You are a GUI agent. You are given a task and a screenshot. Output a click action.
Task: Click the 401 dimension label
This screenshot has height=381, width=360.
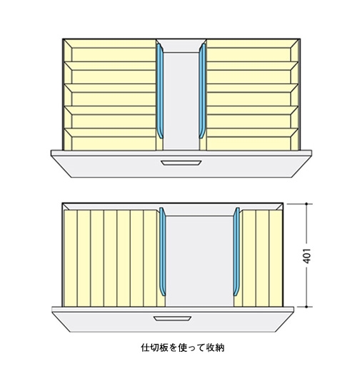coord(307,255)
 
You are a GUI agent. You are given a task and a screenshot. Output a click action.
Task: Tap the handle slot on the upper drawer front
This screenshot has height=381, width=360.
coord(181,163)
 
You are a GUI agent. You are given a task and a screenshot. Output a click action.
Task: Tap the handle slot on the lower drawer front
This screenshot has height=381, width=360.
coord(172,318)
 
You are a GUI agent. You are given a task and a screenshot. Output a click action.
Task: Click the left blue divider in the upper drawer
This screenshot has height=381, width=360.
coord(160,91)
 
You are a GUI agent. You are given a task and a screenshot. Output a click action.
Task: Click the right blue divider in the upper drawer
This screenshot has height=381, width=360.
coord(202,91)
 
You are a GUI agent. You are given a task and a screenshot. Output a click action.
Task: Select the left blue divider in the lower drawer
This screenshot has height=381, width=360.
coord(162,252)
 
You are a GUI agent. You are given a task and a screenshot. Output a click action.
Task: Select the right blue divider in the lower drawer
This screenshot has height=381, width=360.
coord(236,252)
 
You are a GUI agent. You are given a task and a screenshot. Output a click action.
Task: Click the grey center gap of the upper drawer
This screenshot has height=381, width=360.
coord(181,101)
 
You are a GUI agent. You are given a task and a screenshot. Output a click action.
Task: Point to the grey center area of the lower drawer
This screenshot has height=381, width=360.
coord(199,260)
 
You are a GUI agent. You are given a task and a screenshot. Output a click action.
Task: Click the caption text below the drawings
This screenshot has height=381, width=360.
coord(183,347)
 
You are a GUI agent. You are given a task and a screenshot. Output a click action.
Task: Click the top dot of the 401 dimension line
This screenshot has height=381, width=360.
coord(306,204)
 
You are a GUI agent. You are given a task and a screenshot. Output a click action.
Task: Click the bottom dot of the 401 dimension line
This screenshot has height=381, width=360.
coord(306,307)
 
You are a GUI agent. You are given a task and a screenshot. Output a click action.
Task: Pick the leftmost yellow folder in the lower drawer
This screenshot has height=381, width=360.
coord(71,258)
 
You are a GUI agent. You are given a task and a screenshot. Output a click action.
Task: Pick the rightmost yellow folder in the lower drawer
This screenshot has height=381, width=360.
coord(276,258)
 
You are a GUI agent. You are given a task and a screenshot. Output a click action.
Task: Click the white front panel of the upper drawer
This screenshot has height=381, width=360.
coord(181,167)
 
